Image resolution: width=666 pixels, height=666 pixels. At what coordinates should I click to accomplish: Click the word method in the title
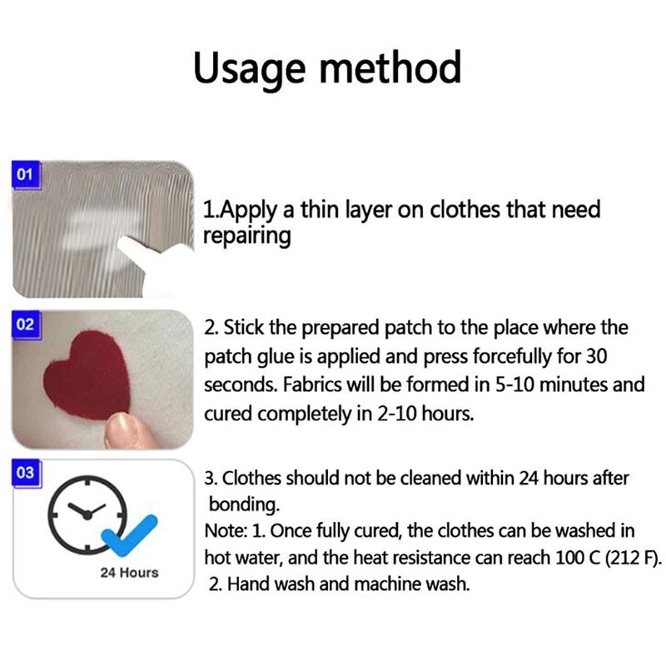pyautogui.click(x=390, y=67)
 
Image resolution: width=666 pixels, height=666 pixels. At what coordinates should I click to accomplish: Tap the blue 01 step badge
pyautogui.click(x=26, y=175)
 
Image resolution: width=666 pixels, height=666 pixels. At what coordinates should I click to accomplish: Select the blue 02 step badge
pyautogui.click(x=26, y=325)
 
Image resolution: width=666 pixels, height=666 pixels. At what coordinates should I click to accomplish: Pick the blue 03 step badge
pyautogui.click(x=26, y=473)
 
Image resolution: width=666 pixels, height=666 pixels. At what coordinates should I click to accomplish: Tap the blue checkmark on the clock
pyautogui.click(x=130, y=535)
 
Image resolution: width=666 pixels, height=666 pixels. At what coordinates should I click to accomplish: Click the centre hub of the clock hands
pyautogui.click(x=87, y=515)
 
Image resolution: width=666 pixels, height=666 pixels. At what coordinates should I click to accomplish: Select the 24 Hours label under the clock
pyautogui.click(x=130, y=573)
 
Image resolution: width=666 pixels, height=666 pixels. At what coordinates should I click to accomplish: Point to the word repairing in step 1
pyautogui.click(x=246, y=236)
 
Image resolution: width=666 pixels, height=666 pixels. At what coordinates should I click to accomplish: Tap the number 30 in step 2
pyautogui.click(x=596, y=356)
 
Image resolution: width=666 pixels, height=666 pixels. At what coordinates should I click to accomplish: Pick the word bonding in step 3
pyautogui.click(x=244, y=505)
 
